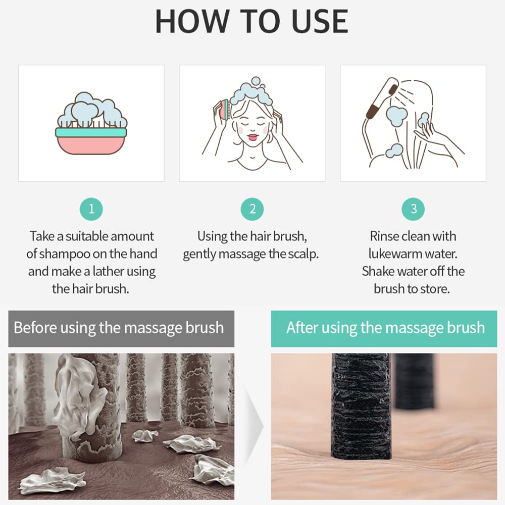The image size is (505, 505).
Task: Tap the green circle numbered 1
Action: click(x=91, y=209)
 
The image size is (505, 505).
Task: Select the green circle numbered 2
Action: click(x=252, y=209)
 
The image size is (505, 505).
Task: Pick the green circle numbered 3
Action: click(x=414, y=209)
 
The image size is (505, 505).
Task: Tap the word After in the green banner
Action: click(x=302, y=328)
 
